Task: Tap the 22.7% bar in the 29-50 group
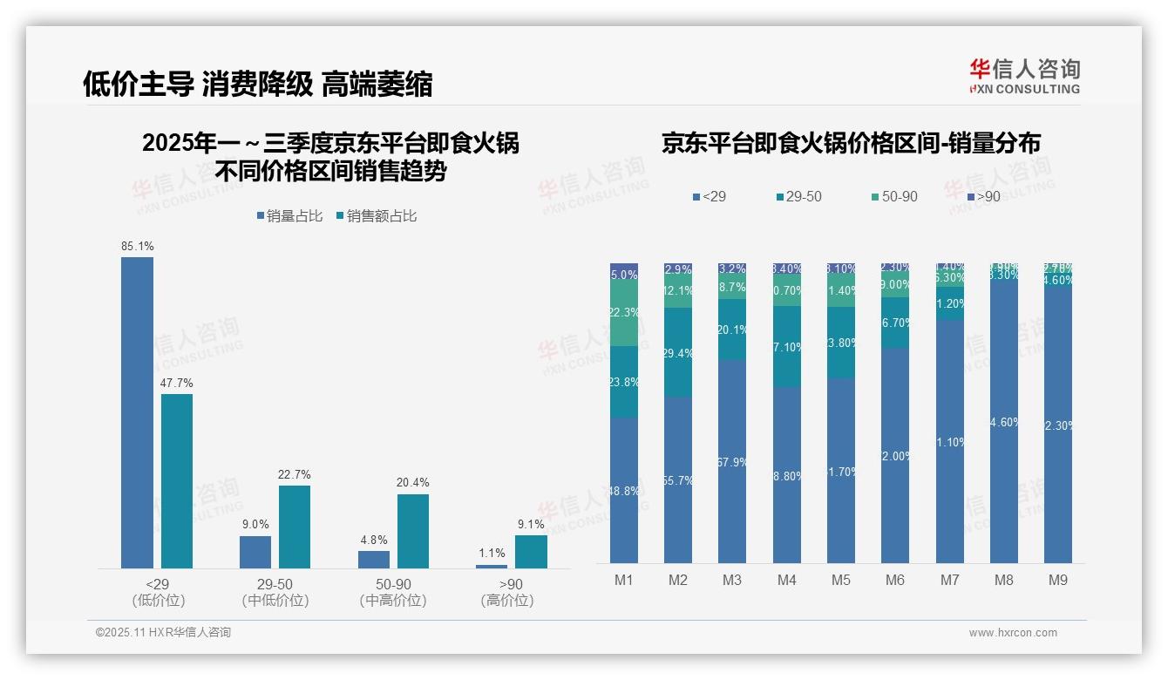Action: pos(295,527)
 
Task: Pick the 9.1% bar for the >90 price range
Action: pos(531,552)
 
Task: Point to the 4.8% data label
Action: pos(373,541)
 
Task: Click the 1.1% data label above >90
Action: pos(492,553)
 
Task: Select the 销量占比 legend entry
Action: pos(291,216)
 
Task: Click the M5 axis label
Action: pos(840,580)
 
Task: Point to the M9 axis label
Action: pos(1056,580)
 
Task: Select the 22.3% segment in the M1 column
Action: pos(624,313)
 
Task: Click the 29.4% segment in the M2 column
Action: pos(678,352)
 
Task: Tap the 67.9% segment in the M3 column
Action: pos(732,461)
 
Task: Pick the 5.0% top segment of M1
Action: pos(624,271)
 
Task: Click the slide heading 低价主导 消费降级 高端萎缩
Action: pos(257,85)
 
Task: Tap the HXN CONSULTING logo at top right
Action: pos(1024,77)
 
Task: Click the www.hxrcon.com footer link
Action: pos(1013,633)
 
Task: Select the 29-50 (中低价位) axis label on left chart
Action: pos(275,592)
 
